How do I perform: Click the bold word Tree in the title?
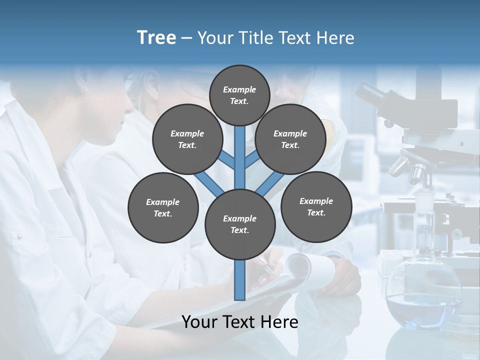(x=156, y=37)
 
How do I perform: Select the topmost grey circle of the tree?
(x=239, y=95)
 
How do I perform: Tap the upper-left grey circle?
(x=187, y=139)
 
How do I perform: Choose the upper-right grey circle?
(x=290, y=139)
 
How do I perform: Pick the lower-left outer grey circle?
(x=163, y=207)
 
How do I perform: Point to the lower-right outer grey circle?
(x=316, y=206)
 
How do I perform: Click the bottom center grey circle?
(x=240, y=224)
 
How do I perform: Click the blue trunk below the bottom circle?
(x=240, y=280)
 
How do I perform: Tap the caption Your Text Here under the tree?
(x=240, y=322)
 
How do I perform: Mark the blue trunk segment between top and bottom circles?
(x=240, y=157)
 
